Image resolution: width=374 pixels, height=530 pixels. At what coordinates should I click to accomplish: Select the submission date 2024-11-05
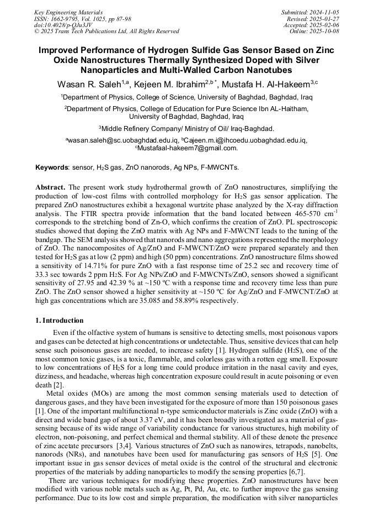click(324, 12)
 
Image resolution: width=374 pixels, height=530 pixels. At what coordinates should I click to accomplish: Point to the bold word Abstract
click(51, 187)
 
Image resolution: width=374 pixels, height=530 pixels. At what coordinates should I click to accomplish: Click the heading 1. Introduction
click(60, 321)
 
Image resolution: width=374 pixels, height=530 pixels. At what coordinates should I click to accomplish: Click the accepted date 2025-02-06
click(324, 25)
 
